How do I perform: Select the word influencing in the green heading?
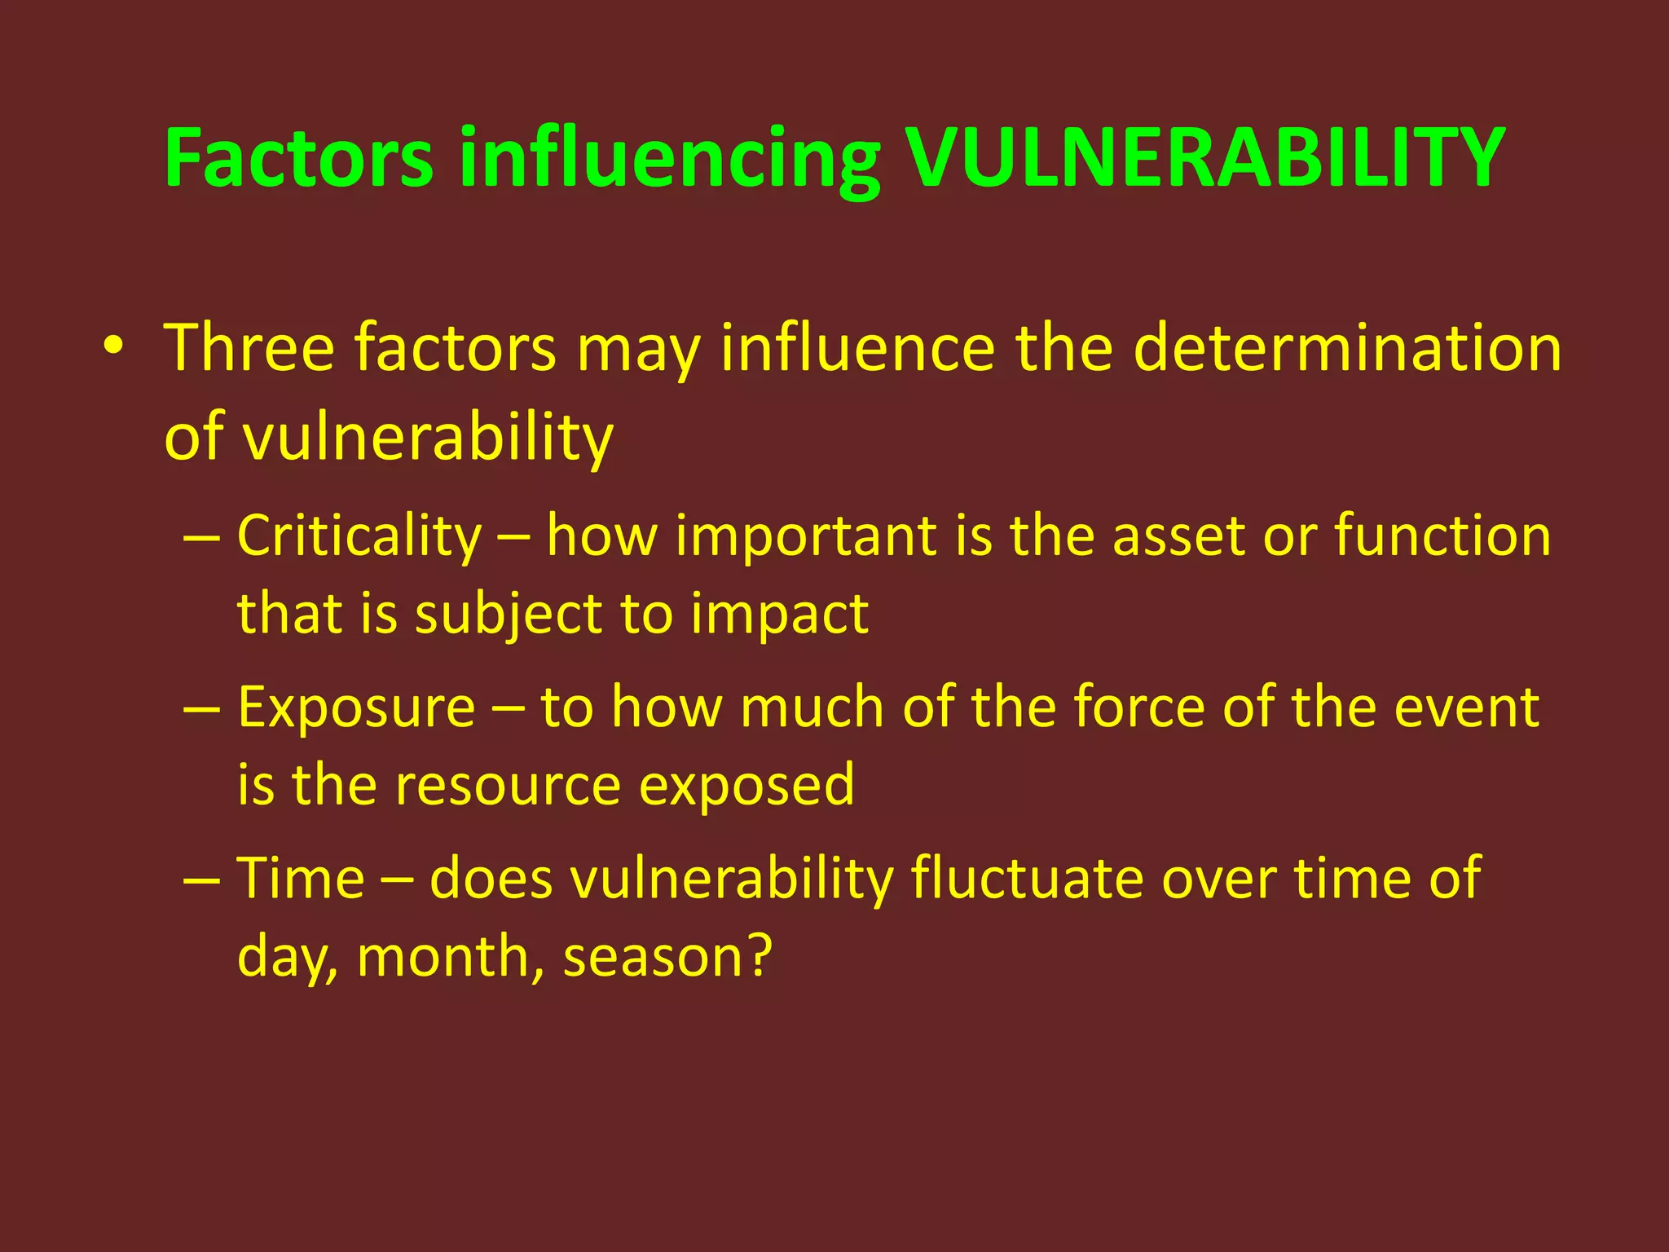click(x=668, y=159)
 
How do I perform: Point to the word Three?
click(x=249, y=348)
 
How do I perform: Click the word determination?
click(x=1346, y=348)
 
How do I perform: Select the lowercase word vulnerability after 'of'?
click(x=428, y=439)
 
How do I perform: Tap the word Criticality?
click(x=359, y=537)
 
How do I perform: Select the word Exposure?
click(x=356, y=708)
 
